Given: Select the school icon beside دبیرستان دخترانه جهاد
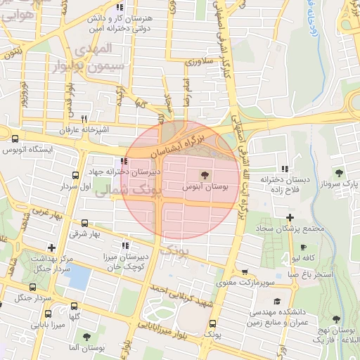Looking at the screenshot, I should [125, 161].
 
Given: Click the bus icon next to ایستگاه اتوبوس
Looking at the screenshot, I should [15, 138].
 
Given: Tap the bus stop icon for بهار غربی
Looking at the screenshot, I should [75, 176].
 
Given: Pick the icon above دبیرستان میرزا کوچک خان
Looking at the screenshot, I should [125, 245].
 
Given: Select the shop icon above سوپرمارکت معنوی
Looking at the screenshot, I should [245, 273].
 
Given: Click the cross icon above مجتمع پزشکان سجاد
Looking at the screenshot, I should [290, 217].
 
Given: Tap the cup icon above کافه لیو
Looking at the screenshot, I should [303, 247].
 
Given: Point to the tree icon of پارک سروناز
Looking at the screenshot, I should [339, 172].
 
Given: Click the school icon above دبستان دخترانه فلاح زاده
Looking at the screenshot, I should [284, 169].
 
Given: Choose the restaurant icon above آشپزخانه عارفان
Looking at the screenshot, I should [84, 119].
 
